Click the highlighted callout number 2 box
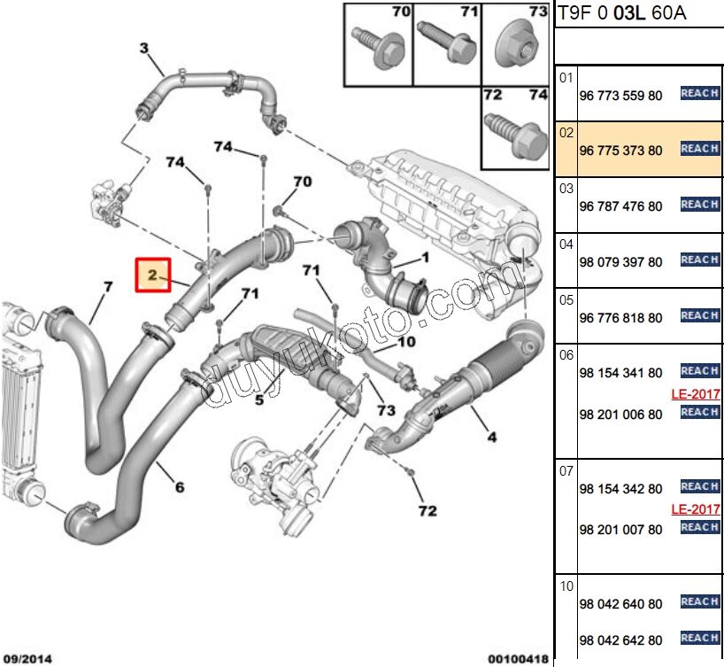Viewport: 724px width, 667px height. coord(152,275)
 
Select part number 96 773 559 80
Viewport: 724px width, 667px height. coord(620,96)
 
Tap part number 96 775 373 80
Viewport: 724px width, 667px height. coord(620,151)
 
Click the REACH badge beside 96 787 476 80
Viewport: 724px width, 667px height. coord(699,205)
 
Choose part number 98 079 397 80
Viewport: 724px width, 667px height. coord(620,262)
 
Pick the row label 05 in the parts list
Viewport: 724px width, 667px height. coord(566,299)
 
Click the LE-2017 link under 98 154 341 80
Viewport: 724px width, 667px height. coord(695,394)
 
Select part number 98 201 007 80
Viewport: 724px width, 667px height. coord(620,530)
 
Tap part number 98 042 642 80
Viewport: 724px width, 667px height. coord(620,640)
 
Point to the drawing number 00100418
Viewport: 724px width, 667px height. coord(518,659)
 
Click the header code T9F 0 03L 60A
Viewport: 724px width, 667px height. coord(621,13)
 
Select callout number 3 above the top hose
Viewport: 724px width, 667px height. coord(144,49)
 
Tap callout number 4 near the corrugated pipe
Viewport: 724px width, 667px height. coord(491,435)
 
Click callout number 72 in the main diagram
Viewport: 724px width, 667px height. coord(427,511)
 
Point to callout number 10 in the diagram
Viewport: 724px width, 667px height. coord(406,342)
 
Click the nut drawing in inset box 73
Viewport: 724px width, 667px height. coord(516,44)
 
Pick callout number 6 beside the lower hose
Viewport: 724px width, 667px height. coord(180,486)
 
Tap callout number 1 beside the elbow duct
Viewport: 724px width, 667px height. coord(425,258)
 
